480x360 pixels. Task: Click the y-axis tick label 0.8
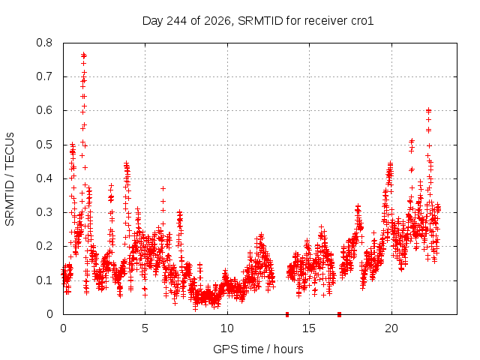click(x=44, y=43)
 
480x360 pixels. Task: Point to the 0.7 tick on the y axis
click(x=44, y=76)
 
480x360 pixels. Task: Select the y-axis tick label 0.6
click(x=44, y=110)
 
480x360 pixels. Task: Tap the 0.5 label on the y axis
click(x=44, y=145)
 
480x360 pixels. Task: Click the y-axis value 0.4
click(x=44, y=178)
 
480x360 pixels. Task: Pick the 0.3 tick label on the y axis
click(x=44, y=212)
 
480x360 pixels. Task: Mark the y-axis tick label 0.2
click(x=44, y=247)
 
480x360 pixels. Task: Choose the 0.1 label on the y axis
click(x=44, y=280)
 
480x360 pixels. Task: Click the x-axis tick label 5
click(x=145, y=328)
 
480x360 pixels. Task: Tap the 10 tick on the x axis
click(x=227, y=328)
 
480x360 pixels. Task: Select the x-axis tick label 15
click(x=309, y=328)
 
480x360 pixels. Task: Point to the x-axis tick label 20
click(x=391, y=328)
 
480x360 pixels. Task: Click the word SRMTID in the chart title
click(x=260, y=21)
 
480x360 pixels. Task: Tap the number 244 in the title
click(x=177, y=21)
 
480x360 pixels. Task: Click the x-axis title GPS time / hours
click(x=258, y=349)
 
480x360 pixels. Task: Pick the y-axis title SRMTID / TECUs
click(x=10, y=179)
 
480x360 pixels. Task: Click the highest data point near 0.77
click(x=83, y=55)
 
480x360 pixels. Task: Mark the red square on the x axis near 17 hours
click(x=339, y=314)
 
